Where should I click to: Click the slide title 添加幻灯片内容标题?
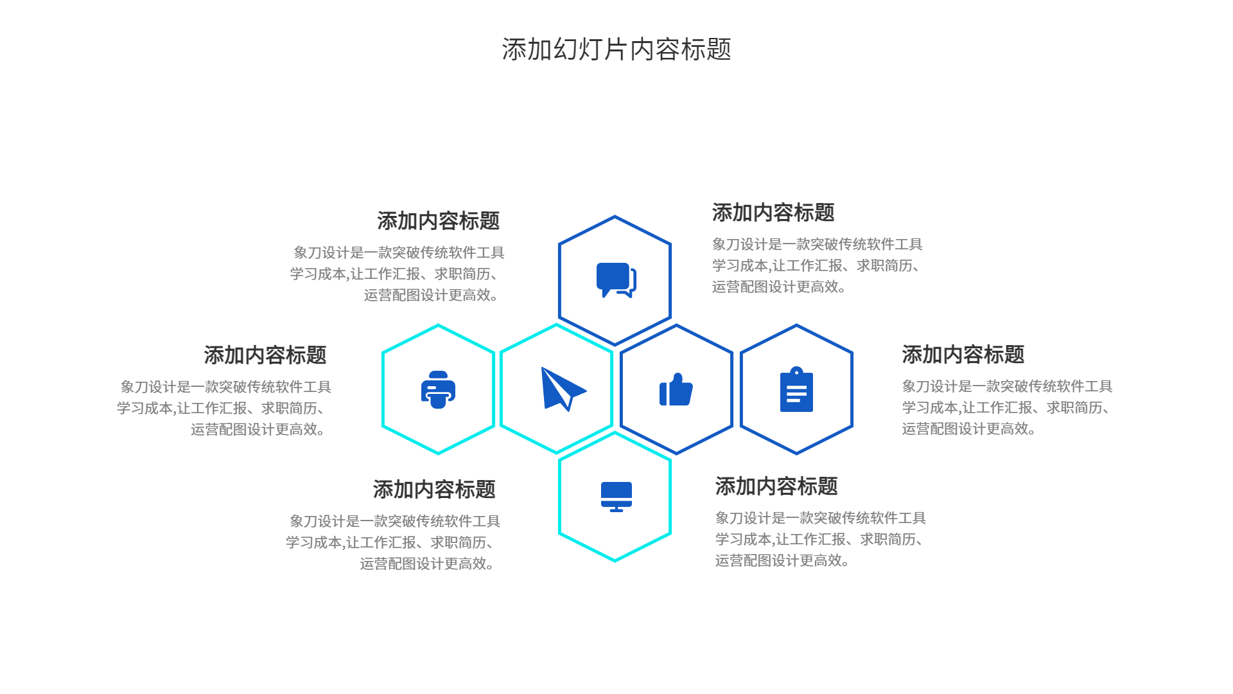tap(616, 49)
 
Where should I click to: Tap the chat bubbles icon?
tap(616, 280)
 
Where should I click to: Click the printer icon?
tap(438, 389)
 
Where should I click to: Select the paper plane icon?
tap(561, 389)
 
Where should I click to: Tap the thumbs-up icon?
tap(676, 390)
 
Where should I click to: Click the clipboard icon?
tap(796, 390)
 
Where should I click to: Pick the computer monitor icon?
tap(616, 496)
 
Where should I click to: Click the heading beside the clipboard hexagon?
tap(963, 355)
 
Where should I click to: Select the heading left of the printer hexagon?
tap(265, 355)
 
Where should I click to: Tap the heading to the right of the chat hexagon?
tap(773, 213)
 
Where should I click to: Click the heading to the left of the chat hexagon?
tap(438, 221)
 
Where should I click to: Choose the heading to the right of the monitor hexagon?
tap(776, 486)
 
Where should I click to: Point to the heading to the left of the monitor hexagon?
tap(434, 490)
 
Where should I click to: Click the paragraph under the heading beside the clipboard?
tap(1006, 407)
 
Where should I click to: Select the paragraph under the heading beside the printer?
tap(224, 408)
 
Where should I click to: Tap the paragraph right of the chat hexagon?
tap(817, 265)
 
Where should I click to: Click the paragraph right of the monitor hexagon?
tap(820, 539)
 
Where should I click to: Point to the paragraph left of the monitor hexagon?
tap(393, 542)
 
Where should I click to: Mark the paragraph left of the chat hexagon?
tap(397, 274)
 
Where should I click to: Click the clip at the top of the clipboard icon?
tap(796, 371)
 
